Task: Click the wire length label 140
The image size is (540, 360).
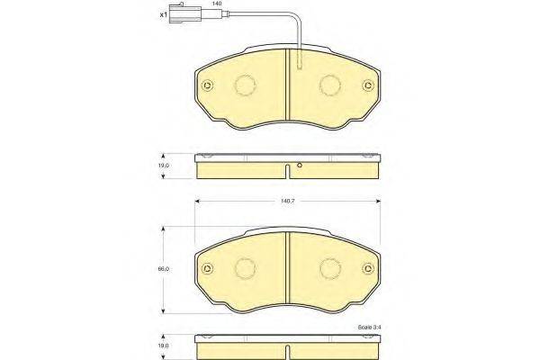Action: [x=217, y=3]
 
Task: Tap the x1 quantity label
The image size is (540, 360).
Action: [x=164, y=14]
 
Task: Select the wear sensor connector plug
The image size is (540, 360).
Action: [x=184, y=14]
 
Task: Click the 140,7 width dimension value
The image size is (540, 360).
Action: [x=288, y=201]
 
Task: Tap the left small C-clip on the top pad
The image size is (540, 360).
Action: [x=208, y=85]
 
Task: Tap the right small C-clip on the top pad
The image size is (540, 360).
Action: [x=368, y=85]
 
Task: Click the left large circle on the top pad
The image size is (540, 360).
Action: [x=245, y=85]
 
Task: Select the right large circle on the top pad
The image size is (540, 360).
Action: [x=330, y=85]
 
